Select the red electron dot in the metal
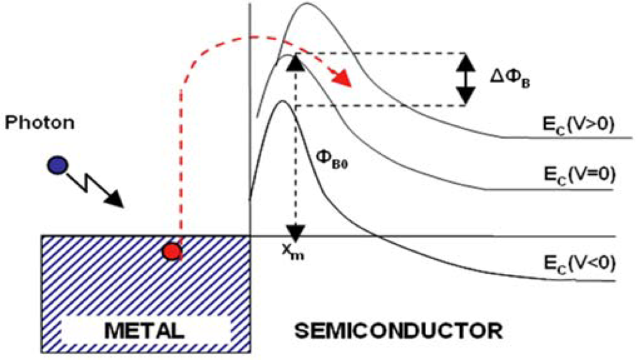pos(170,251)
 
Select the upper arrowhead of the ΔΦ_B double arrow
pos(466,61)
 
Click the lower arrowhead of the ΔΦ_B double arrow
pos(466,96)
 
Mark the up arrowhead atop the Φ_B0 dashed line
pos(294,63)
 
